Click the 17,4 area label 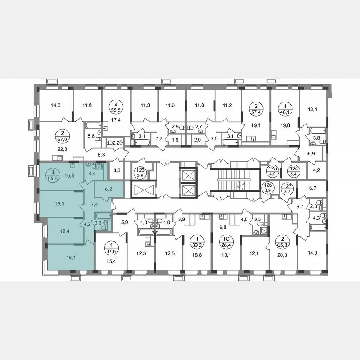[x=115, y=120]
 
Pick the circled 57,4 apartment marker [x=255, y=108]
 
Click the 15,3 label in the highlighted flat [x=59, y=204]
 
